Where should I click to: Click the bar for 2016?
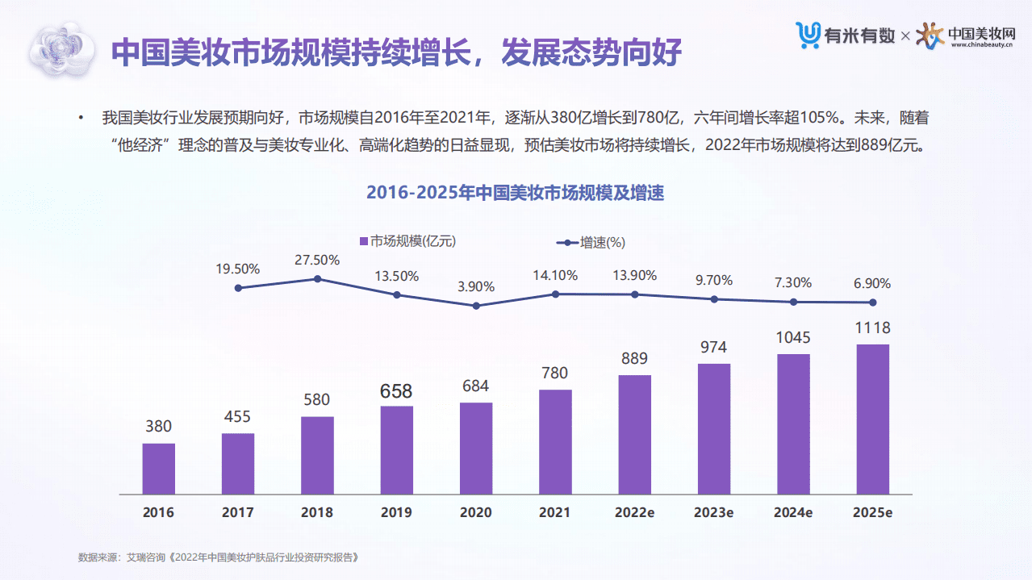[158, 469]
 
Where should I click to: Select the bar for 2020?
[476, 448]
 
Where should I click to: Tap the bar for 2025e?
[872, 419]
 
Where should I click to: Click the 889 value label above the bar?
[634, 358]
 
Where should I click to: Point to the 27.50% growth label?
[317, 260]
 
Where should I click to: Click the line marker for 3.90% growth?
[476, 306]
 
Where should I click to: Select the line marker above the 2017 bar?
[238, 288]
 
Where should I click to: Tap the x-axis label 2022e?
[634, 512]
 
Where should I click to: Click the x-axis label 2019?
[396, 512]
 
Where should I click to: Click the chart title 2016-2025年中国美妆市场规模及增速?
[515, 194]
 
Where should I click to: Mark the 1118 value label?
[872, 328]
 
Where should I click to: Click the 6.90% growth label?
[872, 283]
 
